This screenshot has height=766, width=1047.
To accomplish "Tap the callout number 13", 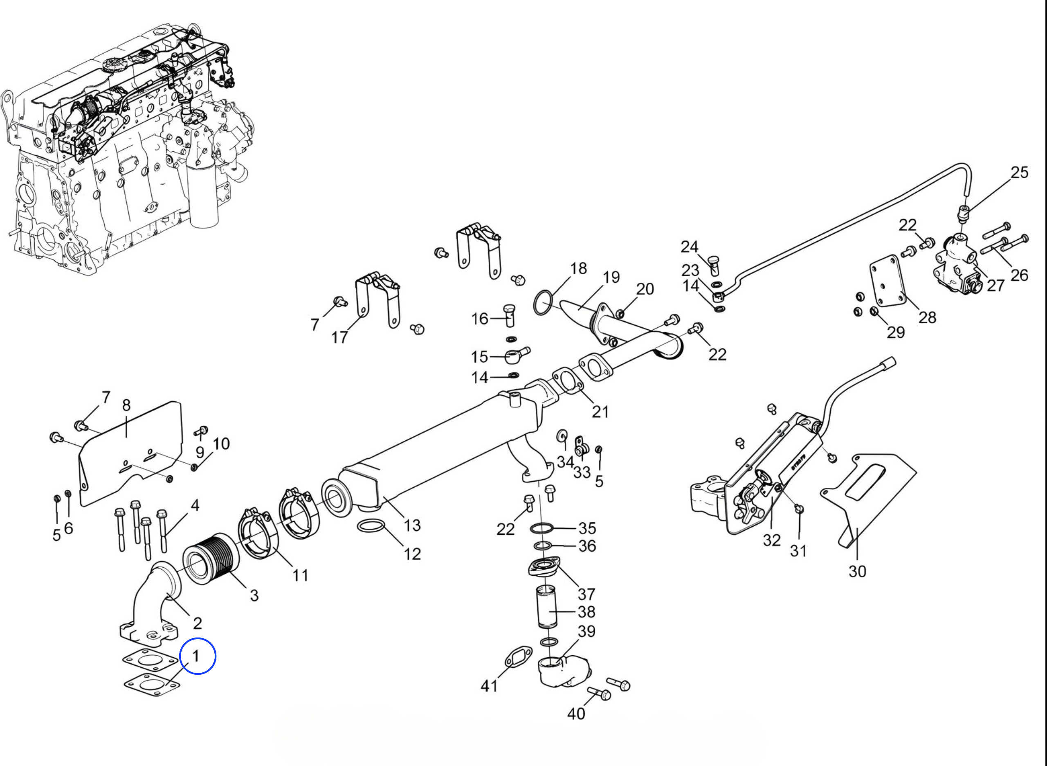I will click(411, 525).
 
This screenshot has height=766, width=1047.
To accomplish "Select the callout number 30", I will click(857, 571).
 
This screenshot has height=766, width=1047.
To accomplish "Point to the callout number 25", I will click(1019, 173).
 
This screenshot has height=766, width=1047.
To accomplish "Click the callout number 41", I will click(489, 685).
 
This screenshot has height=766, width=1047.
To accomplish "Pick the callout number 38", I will click(586, 612).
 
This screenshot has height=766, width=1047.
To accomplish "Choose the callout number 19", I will click(611, 277).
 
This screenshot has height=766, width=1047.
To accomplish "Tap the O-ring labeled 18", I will click(543, 303).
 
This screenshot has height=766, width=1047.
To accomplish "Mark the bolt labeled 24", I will click(714, 265).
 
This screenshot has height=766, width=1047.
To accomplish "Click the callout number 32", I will click(771, 540).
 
